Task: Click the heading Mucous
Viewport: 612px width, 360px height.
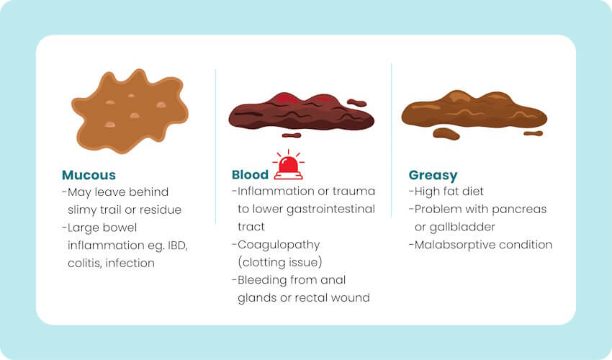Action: click(89, 175)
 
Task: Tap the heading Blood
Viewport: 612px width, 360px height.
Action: click(250, 175)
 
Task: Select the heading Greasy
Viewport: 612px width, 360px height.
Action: click(433, 175)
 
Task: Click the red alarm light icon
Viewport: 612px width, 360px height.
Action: click(288, 166)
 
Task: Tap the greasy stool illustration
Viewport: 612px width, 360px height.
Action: click(473, 112)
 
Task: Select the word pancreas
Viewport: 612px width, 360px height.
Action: click(521, 210)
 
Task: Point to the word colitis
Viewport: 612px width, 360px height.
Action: click(85, 263)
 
